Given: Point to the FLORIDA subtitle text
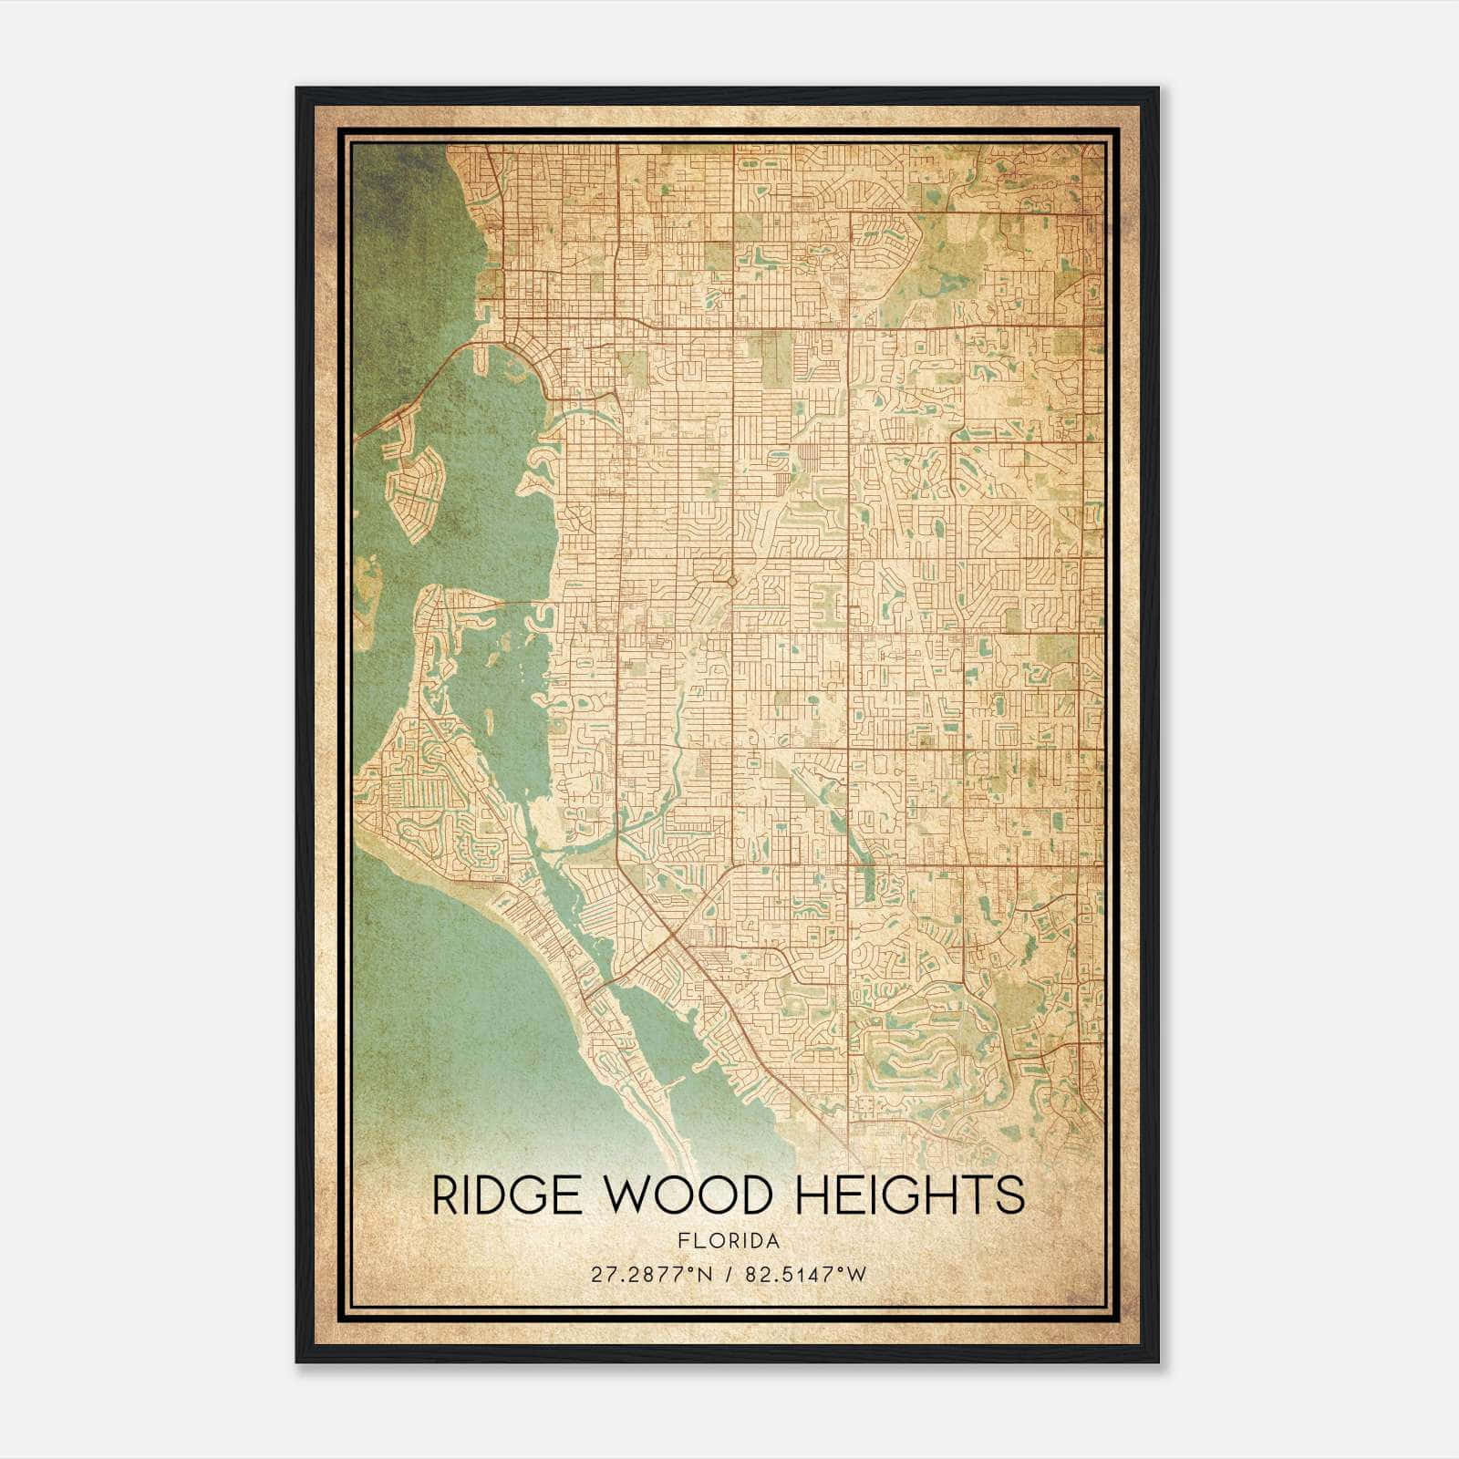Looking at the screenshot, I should pyautogui.click(x=729, y=1241).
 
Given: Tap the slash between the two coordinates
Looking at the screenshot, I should pyautogui.click(x=729, y=1275).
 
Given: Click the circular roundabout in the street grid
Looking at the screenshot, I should pyautogui.click(x=731, y=580).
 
